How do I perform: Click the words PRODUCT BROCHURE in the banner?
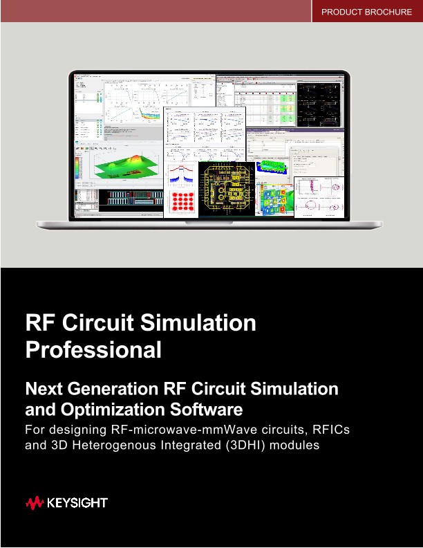click(367, 12)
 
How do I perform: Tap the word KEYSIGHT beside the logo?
click(77, 503)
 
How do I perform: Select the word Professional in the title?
click(93, 349)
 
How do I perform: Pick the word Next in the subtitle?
click(43, 388)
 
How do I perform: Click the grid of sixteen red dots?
click(181, 201)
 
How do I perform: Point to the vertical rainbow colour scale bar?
click(78, 165)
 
